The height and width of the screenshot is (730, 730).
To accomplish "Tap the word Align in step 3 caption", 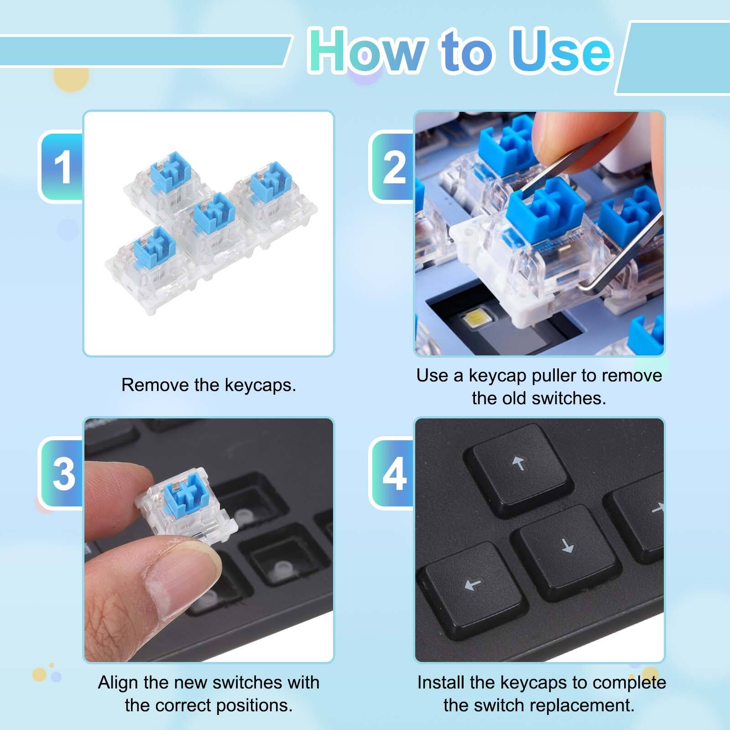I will point(118,683).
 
